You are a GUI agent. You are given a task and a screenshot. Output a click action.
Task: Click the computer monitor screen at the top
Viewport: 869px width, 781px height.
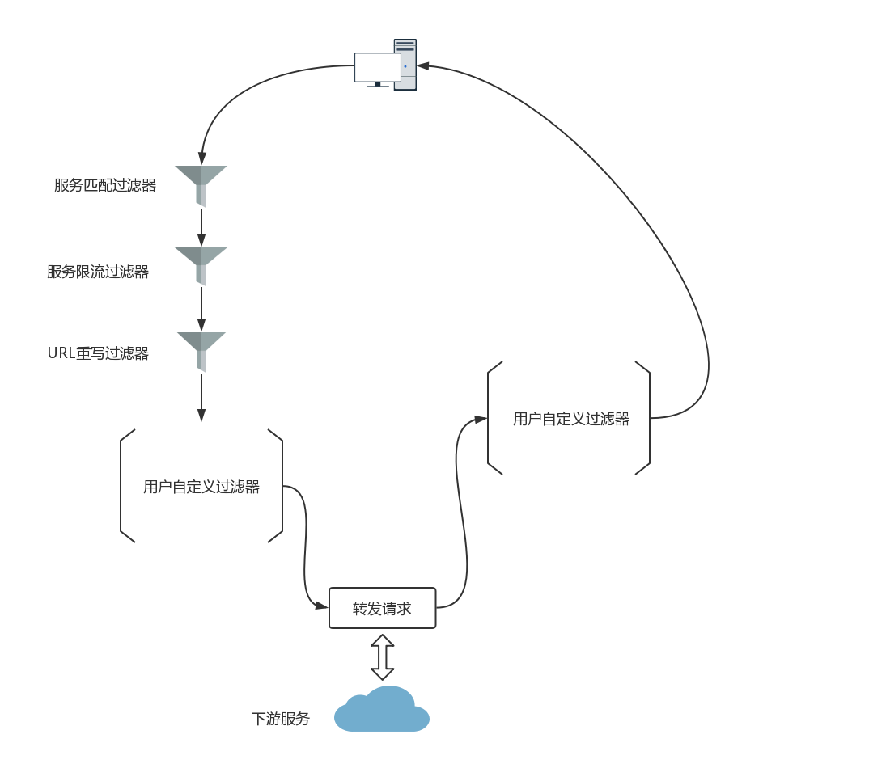(378, 67)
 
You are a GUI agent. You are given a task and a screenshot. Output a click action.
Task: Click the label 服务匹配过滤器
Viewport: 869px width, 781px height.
(105, 185)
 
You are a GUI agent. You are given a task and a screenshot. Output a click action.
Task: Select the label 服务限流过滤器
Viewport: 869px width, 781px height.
(98, 272)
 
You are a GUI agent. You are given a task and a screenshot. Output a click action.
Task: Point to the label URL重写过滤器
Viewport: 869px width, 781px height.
(98, 353)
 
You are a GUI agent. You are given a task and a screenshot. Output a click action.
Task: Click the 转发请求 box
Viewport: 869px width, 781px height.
(382, 609)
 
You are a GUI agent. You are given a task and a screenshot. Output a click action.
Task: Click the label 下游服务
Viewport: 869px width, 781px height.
(281, 719)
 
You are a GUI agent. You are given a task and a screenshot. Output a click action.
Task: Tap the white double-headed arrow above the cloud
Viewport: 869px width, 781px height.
(382, 656)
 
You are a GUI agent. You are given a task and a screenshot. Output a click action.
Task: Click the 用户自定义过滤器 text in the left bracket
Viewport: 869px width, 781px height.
(201, 487)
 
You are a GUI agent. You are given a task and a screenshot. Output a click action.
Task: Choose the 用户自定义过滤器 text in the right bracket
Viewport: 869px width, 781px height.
(570, 419)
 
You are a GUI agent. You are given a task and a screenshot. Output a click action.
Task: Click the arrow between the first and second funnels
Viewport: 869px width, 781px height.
(201, 228)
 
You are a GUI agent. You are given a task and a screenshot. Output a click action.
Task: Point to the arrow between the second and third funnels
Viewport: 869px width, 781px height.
(201, 310)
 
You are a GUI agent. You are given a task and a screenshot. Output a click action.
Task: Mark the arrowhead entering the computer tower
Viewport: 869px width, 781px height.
(424, 65)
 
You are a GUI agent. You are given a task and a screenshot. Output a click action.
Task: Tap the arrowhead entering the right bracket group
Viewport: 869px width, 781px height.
(481, 419)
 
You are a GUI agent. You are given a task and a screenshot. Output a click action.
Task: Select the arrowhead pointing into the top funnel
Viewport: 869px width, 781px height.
(201, 158)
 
